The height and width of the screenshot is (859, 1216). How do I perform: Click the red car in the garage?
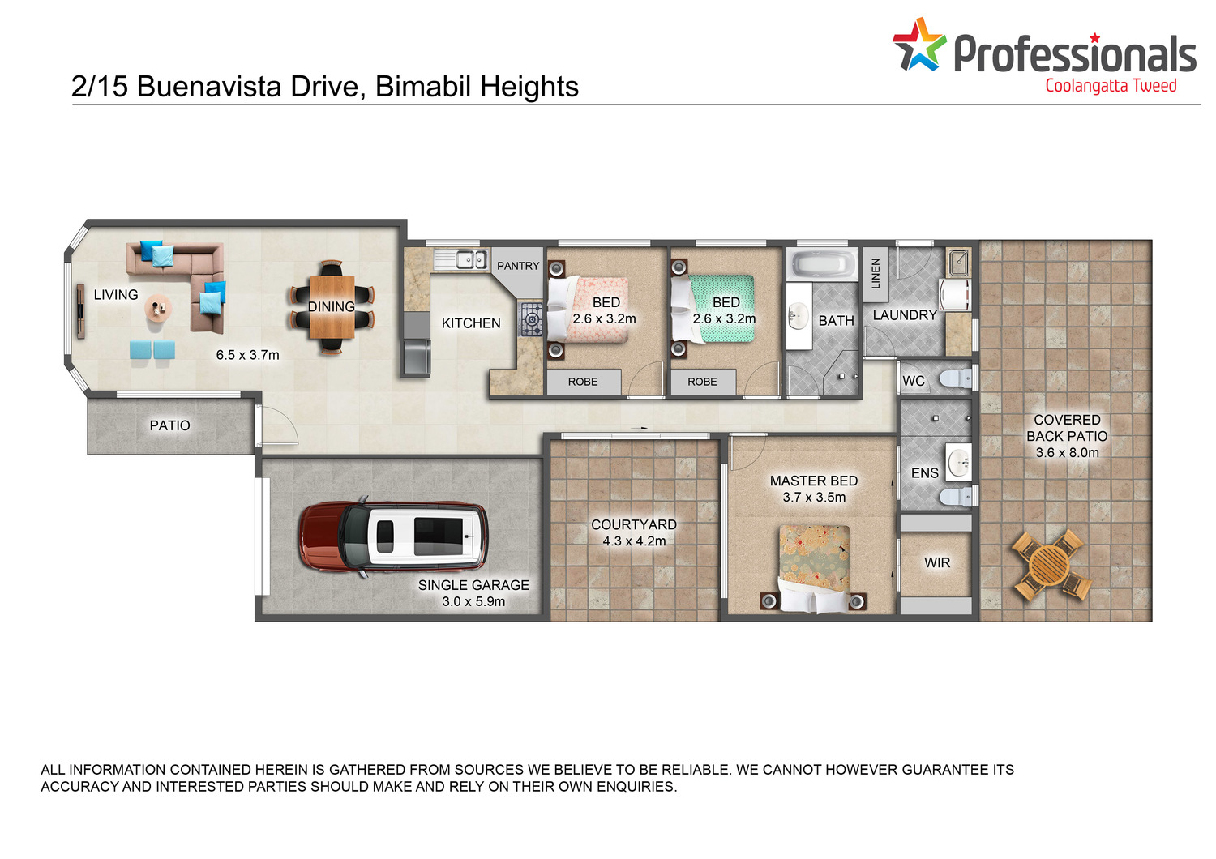coord(393,536)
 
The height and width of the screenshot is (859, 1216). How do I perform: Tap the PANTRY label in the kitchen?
coord(518,266)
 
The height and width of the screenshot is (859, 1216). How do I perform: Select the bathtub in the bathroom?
coord(823,265)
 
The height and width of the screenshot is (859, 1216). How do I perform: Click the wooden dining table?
coord(332,306)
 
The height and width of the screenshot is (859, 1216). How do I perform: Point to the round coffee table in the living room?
coord(158,309)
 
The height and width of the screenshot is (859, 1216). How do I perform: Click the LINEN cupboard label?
coord(875,273)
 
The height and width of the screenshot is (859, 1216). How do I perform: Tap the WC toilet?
coord(956,378)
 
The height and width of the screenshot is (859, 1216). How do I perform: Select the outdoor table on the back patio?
coord(1051,564)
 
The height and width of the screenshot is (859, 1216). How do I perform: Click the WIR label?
coord(937,562)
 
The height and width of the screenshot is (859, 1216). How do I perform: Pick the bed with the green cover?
coord(713,309)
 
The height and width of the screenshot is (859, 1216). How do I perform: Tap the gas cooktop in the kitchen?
coord(530,319)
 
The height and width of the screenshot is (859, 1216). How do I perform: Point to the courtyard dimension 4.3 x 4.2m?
coord(634,541)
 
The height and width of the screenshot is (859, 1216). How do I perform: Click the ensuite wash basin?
coord(959,463)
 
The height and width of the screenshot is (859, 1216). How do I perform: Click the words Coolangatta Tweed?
coord(1111,86)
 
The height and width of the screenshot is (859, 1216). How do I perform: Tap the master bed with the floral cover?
coord(814,568)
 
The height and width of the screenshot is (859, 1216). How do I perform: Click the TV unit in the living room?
coord(81,311)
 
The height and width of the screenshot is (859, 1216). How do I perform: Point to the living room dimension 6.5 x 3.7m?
coord(247,355)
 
